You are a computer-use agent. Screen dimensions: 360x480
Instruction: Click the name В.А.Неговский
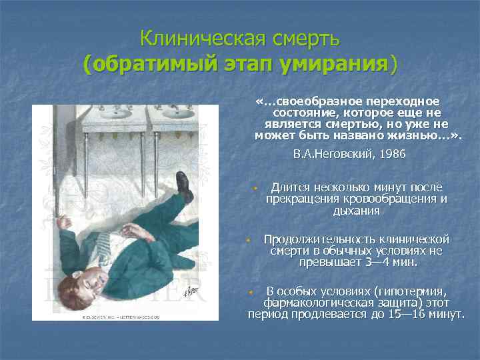334,154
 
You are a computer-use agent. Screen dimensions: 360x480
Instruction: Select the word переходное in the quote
404,101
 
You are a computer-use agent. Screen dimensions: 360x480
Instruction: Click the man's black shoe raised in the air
183,186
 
